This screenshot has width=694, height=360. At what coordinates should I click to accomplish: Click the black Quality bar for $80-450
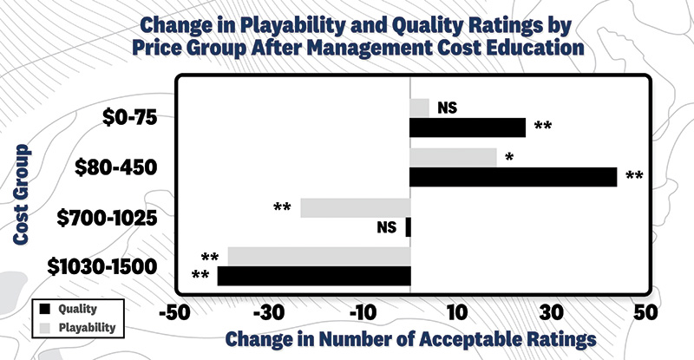point(513,177)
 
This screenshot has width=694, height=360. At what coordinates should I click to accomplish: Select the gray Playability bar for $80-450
point(453,157)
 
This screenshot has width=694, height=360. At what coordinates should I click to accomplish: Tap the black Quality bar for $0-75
point(468,128)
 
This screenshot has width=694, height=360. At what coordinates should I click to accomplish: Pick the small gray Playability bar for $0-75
point(419,108)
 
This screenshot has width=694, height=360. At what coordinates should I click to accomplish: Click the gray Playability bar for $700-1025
point(355,207)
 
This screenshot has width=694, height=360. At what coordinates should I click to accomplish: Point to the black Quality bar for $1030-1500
point(313,276)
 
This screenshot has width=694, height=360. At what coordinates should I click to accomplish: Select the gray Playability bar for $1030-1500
point(318,257)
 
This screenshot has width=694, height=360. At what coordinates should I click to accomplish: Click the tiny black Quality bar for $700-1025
point(408,226)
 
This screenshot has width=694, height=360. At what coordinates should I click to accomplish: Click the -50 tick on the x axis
point(174,311)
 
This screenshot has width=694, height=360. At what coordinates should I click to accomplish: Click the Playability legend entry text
point(88,328)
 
